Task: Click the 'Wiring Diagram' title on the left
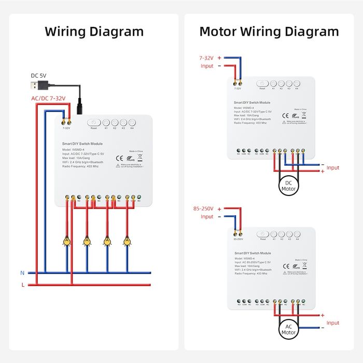pos(94,31)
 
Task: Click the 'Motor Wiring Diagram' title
pos(269,31)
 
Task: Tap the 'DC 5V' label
pos(38,75)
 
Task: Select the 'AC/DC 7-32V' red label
pos(49,99)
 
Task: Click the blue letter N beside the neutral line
pos(22,273)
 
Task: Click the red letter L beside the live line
pos(22,285)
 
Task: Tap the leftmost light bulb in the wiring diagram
pos(66,241)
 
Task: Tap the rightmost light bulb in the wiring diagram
pos(127,241)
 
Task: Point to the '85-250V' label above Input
pos(204,208)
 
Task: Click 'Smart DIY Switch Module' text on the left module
pos(82,144)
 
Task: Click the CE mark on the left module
pos(118,158)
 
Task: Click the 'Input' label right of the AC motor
pos(332,323)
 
